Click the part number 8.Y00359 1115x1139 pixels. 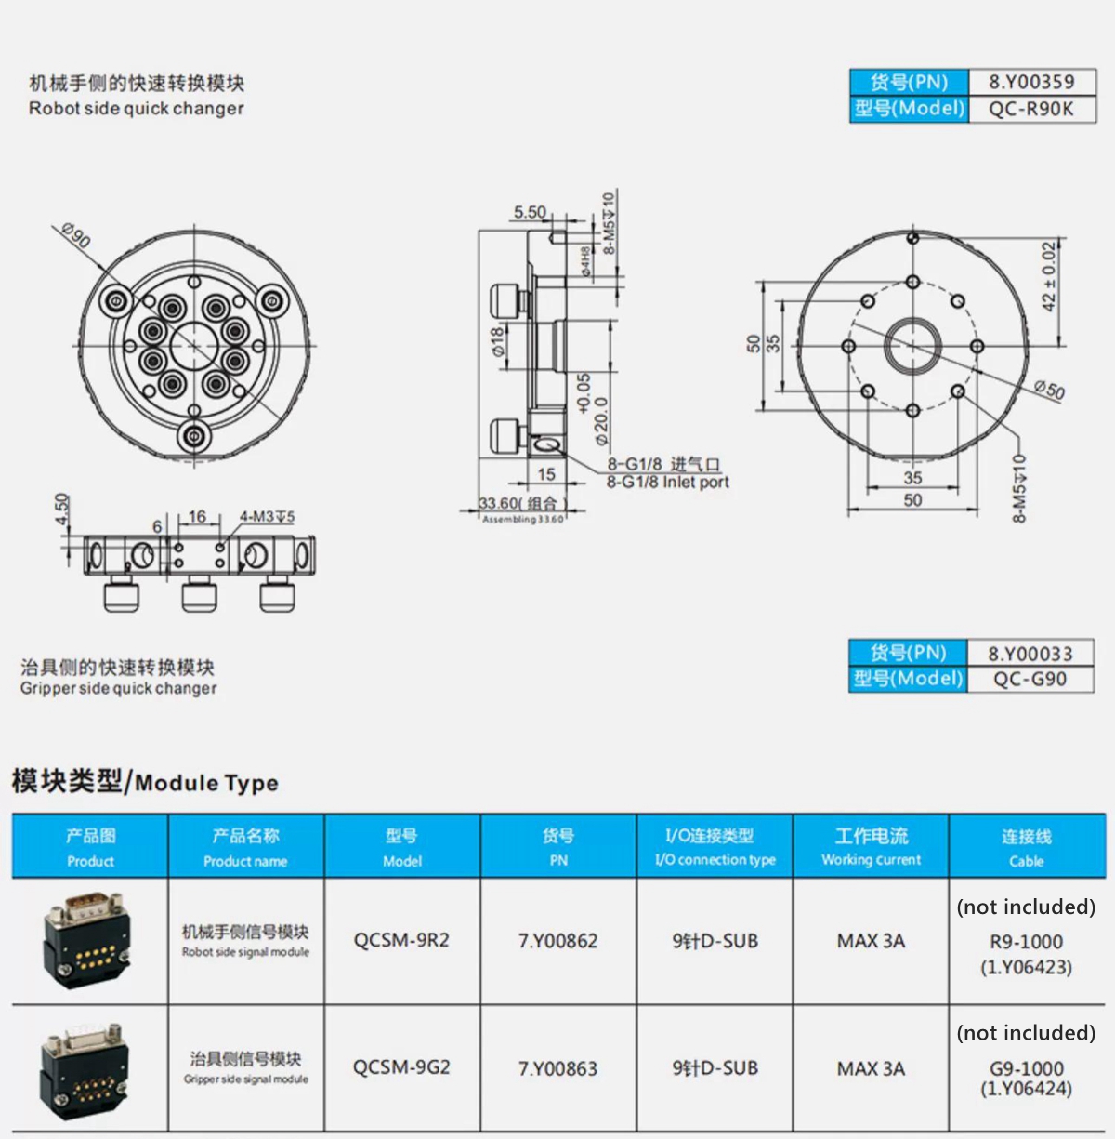tap(1031, 82)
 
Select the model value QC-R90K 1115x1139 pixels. tap(1031, 109)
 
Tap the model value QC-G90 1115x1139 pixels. tap(1030, 679)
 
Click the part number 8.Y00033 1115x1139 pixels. tap(1030, 654)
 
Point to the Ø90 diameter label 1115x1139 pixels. tap(76, 235)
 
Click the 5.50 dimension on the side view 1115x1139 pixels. tap(531, 212)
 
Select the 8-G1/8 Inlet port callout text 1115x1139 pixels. tap(668, 482)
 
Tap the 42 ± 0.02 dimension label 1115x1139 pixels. tap(1049, 277)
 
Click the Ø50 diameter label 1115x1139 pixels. tap(1049, 389)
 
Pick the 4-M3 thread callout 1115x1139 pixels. tap(267, 516)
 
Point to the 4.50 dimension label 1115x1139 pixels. tap(62, 510)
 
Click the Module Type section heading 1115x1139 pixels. tap(145, 782)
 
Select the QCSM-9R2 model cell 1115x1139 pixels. tap(401, 940)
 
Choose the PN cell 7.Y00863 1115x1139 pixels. tap(557, 1068)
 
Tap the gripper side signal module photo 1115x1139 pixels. tap(85, 1070)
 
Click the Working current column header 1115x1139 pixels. tap(871, 846)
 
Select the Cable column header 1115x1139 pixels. tap(1027, 846)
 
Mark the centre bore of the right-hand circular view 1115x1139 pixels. tap(912, 347)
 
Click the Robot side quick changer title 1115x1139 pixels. tap(137, 108)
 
